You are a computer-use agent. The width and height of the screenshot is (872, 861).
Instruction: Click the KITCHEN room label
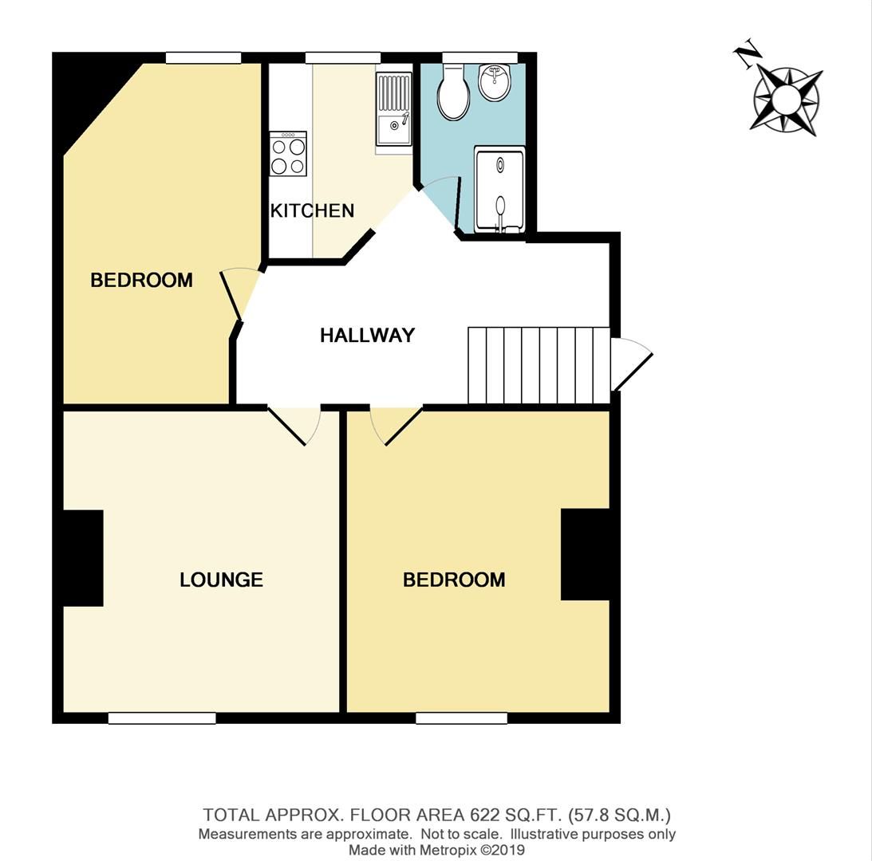(312, 210)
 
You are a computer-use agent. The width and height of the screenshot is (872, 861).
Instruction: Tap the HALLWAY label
(367, 336)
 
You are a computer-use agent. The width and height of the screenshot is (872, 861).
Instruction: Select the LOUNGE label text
(221, 580)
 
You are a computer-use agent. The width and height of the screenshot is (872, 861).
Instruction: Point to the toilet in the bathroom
(453, 94)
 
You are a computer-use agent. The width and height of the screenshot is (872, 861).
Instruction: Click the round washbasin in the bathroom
(495, 82)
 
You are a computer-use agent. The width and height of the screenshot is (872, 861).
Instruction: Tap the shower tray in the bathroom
(499, 190)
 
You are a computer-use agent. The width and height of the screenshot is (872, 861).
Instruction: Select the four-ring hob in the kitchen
(288, 154)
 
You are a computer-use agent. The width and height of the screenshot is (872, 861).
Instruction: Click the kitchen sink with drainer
(393, 109)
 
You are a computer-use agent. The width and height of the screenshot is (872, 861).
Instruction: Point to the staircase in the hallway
(539, 366)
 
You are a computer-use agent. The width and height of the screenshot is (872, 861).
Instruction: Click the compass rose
(786, 100)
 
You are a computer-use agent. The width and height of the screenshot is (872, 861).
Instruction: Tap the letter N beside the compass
(747, 55)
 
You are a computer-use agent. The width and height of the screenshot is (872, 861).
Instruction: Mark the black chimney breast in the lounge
(83, 558)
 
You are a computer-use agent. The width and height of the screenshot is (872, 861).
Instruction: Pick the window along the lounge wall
(162, 718)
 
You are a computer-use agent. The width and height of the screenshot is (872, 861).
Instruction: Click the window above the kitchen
(343, 57)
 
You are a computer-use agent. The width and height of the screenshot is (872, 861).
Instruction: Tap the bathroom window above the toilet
(480, 57)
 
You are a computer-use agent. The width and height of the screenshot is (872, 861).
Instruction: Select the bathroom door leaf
(457, 205)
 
